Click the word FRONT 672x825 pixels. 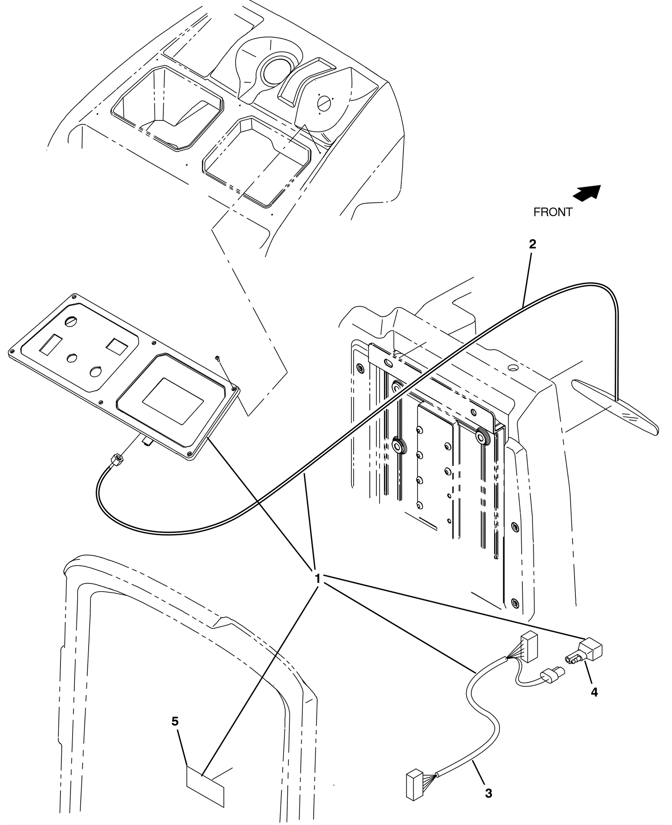(x=552, y=212)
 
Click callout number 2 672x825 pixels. (x=533, y=244)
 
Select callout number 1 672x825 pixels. (x=318, y=579)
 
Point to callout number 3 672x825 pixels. (x=488, y=794)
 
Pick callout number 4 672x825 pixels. (x=594, y=692)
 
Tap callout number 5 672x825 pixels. (x=175, y=721)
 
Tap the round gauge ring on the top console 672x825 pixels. (x=273, y=69)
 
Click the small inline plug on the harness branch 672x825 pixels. (x=550, y=676)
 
